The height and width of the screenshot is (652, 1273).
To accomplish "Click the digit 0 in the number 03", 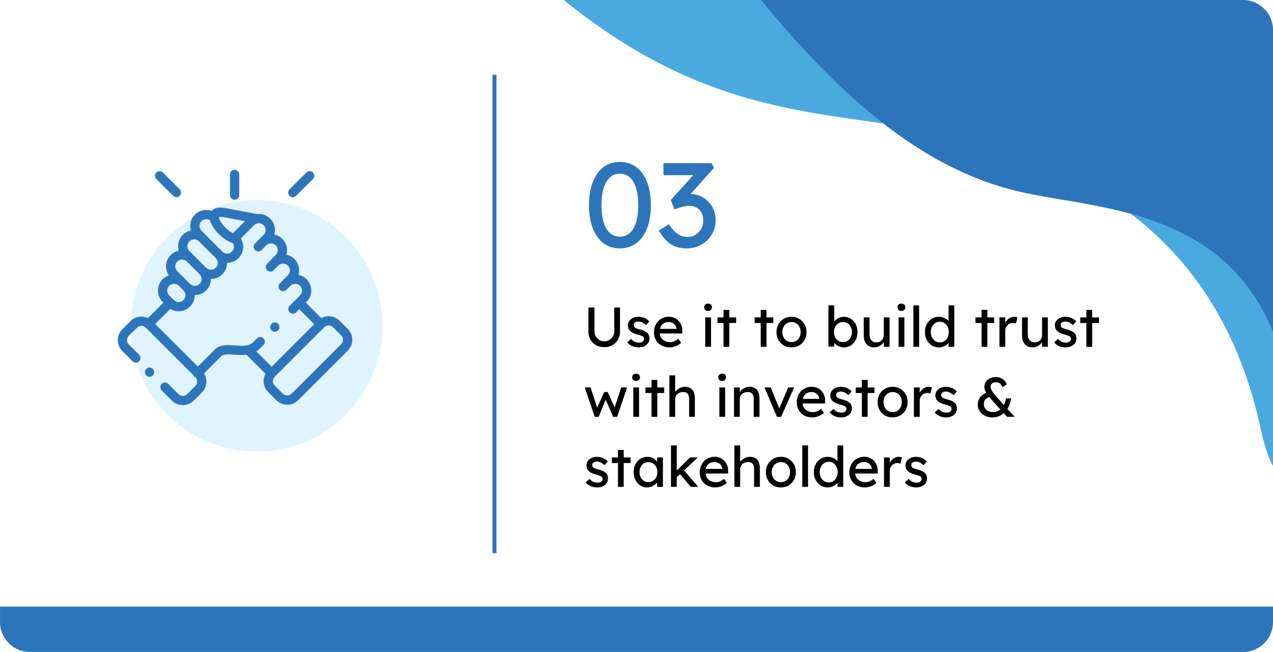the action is pos(620,205).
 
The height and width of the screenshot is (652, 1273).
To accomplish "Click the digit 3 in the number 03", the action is pos(687,205).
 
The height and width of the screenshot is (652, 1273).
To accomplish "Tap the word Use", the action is pos(635,327).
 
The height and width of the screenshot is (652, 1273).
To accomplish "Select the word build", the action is pos(891,326).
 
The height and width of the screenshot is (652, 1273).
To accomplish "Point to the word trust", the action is pos(1037,327).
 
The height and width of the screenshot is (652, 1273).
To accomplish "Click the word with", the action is pos(640,396).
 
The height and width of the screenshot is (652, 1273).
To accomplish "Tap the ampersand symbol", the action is pos(996,397).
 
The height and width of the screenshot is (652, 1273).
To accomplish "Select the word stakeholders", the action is pos(756,466).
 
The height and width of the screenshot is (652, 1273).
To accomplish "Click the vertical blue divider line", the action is pos(494,314).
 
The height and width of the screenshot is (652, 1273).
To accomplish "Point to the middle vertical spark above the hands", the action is pos(235,185).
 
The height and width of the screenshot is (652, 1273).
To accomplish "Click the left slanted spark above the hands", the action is pos(168,184).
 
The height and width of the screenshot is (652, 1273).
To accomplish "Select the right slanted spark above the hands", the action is pos(301,184).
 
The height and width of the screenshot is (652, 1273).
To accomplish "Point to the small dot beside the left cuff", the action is pos(149,372).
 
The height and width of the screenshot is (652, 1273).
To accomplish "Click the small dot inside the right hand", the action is pos(275,327).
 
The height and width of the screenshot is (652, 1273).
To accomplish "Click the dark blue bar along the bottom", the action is pos(636,629).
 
